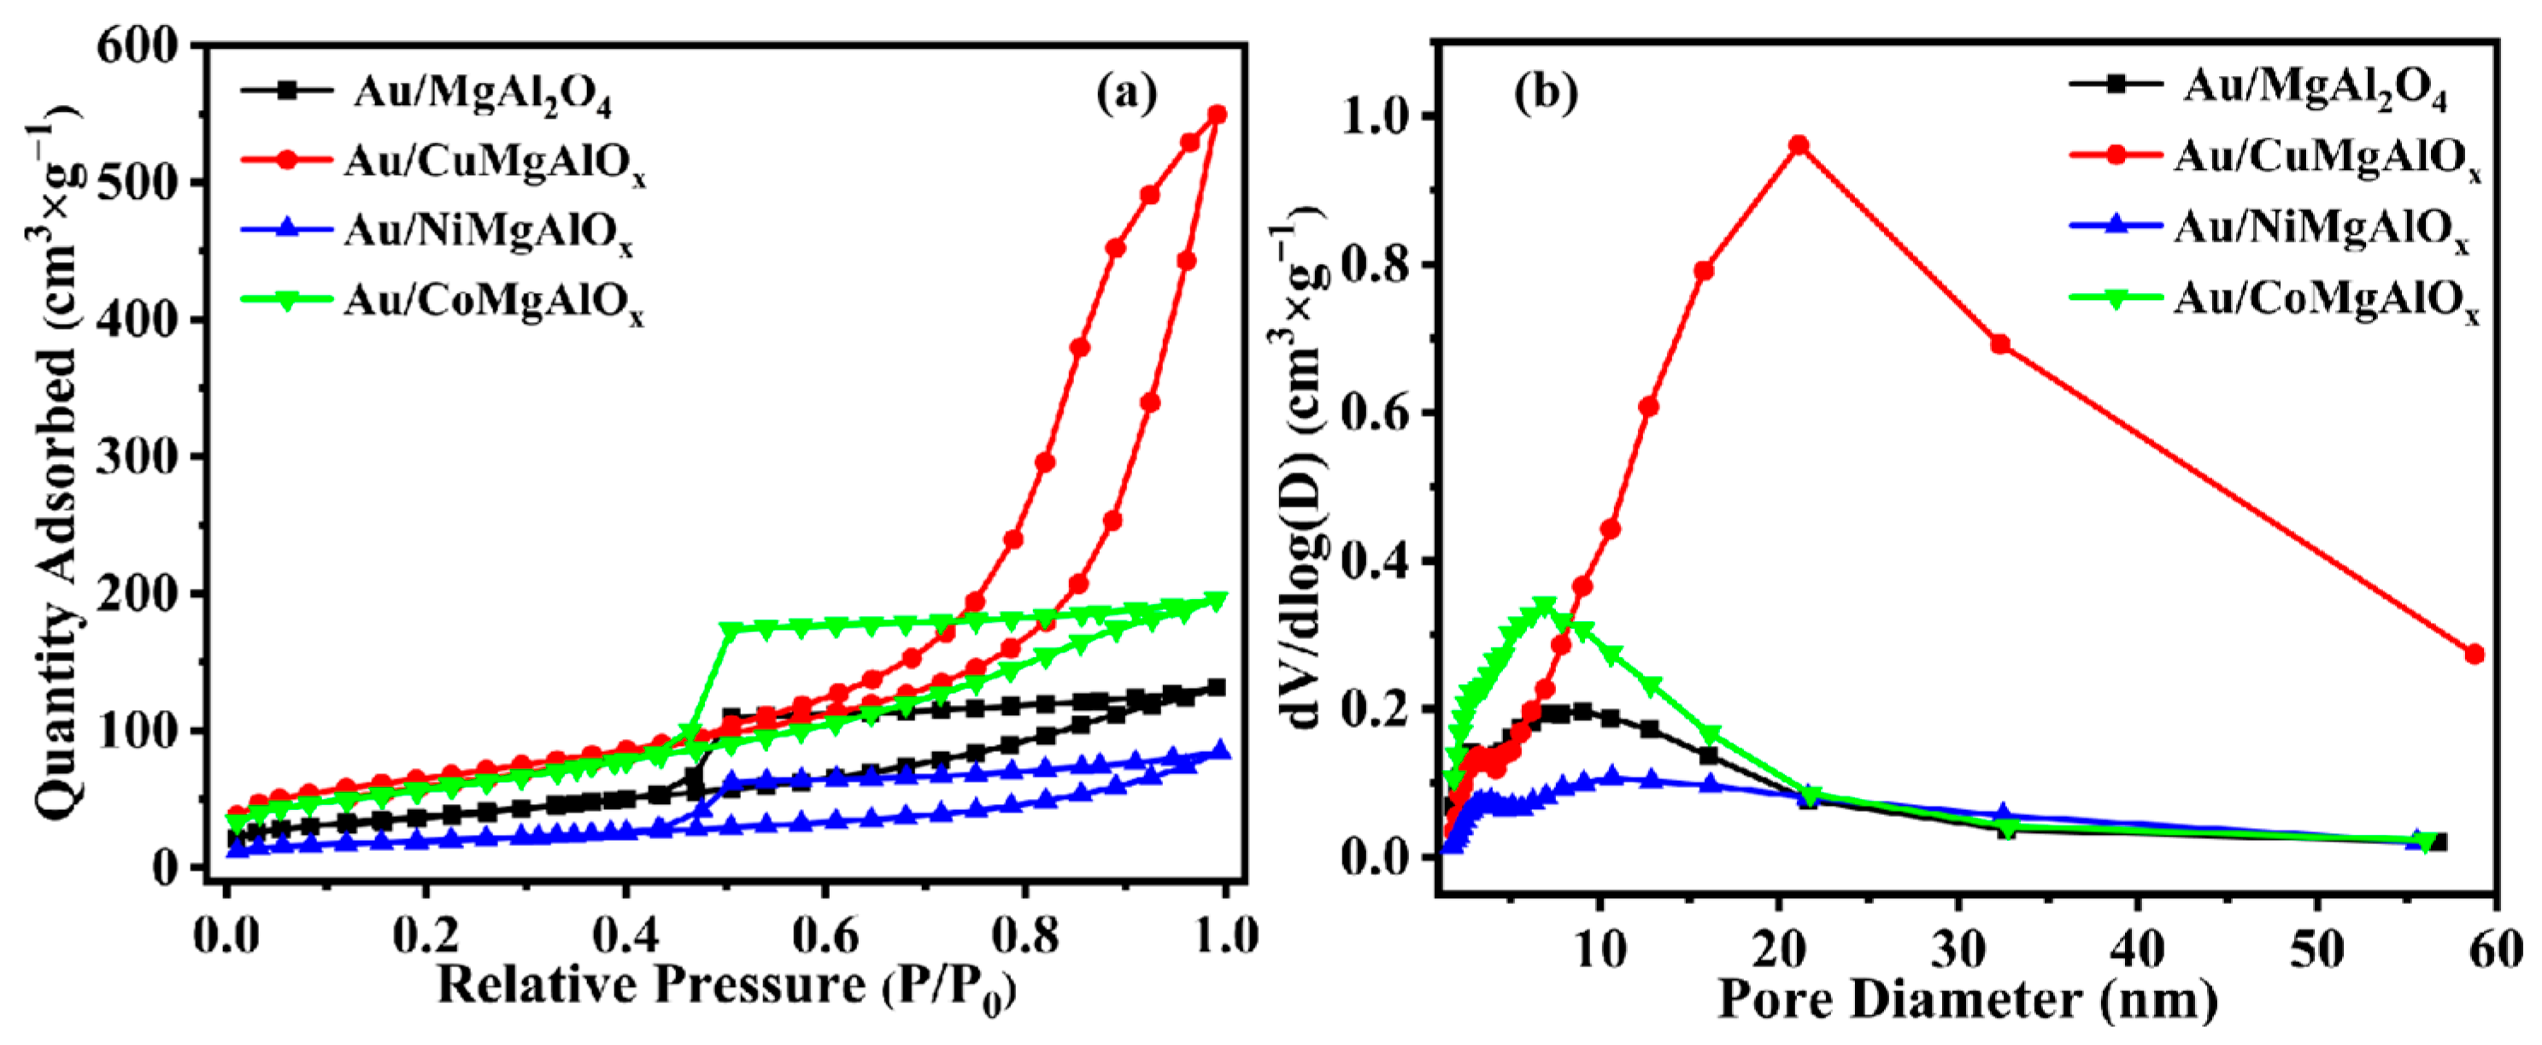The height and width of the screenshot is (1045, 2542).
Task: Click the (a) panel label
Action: tap(1127, 94)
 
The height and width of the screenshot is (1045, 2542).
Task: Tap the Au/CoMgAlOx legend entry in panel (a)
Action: tap(493, 300)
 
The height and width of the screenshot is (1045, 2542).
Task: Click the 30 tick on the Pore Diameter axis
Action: tap(1958, 949)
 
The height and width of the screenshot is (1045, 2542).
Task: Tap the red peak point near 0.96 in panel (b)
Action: tap(1799, 146)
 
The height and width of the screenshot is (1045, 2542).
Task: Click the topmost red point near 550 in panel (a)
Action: tap(1217, 114)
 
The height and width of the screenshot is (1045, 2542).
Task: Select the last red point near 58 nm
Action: tap(2474, 655)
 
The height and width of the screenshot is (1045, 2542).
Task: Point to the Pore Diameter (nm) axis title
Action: tap(1968, 1000)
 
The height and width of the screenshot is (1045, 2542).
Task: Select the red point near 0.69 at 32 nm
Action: tap(2000, 344)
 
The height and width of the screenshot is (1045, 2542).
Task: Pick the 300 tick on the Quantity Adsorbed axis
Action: tap(138, 457)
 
